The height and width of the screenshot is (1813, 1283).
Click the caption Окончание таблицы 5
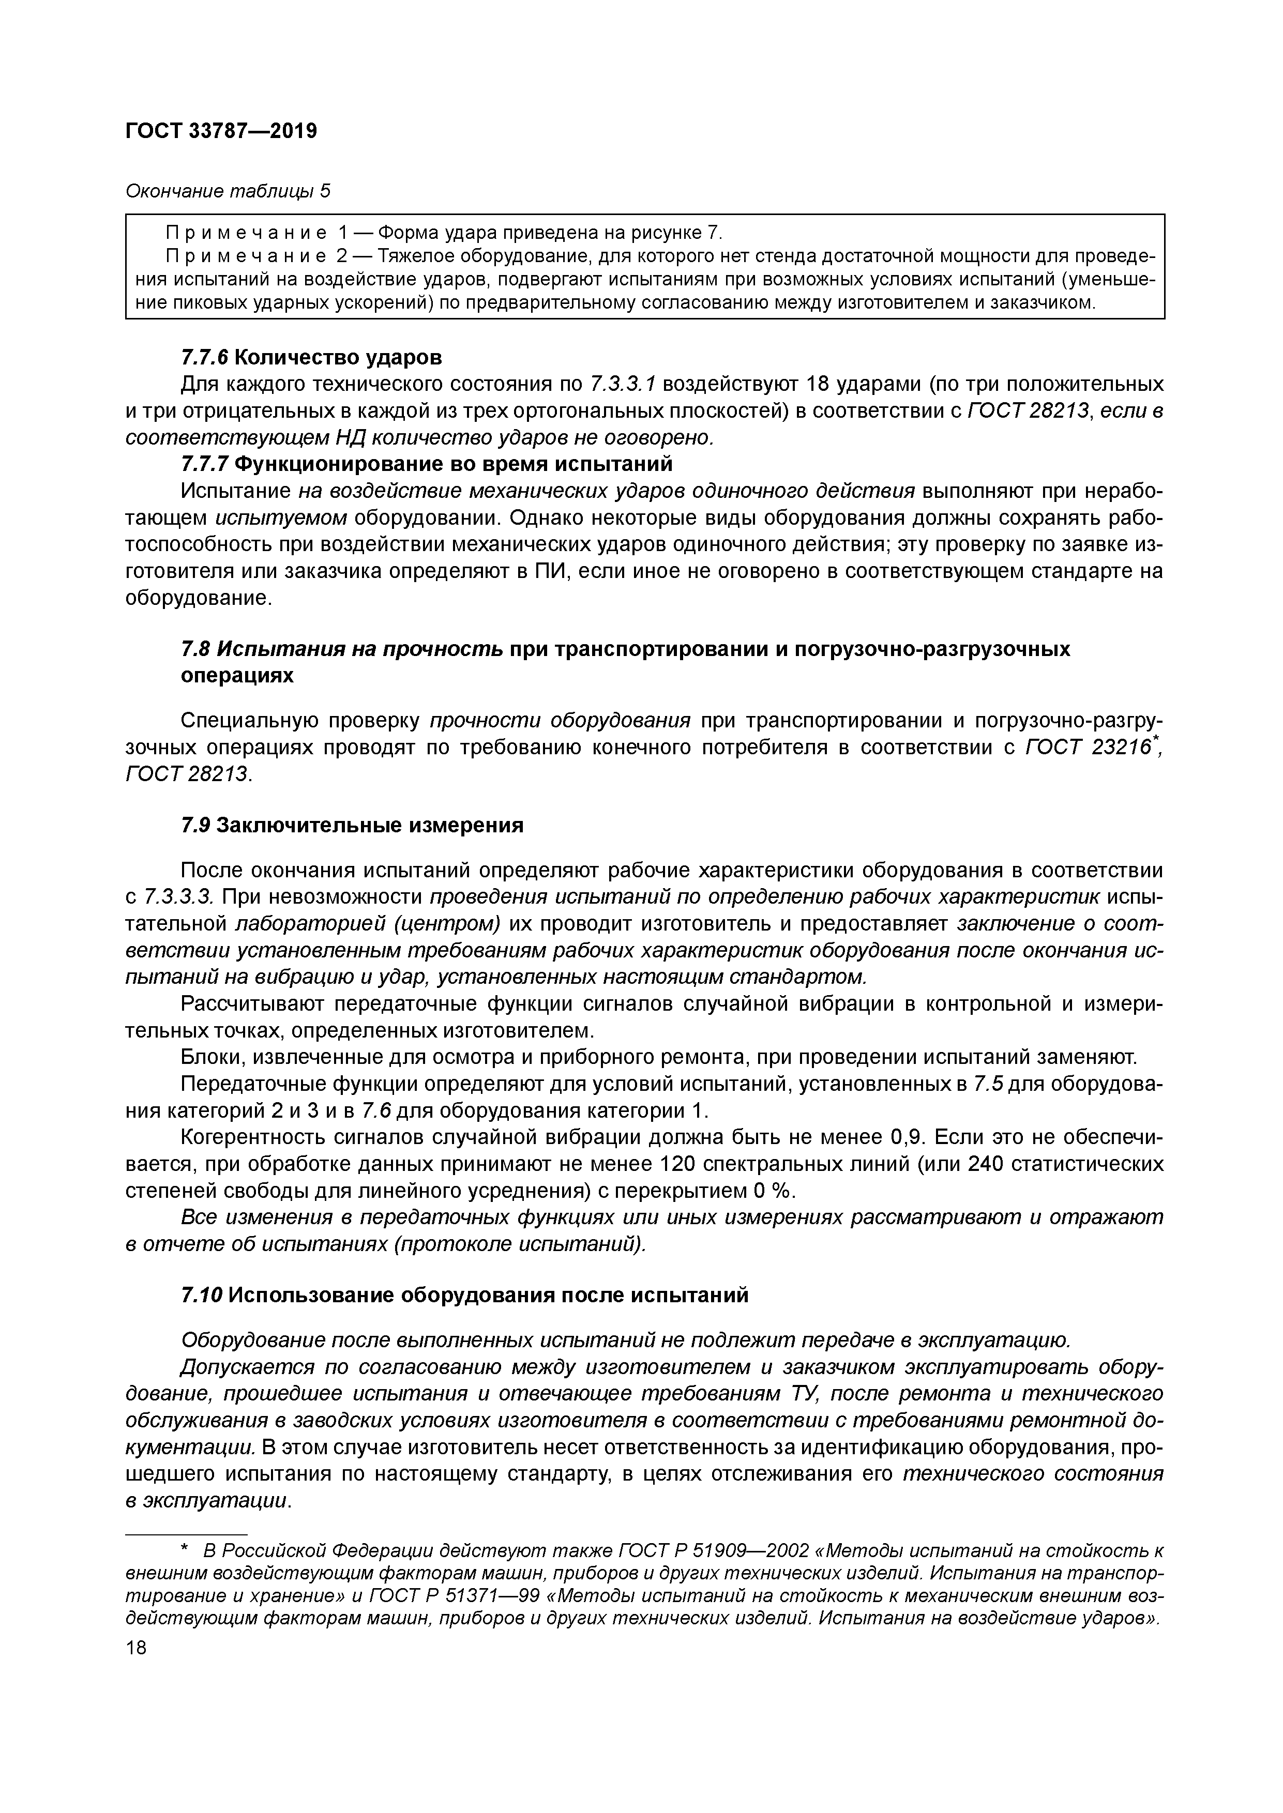click(228, 192)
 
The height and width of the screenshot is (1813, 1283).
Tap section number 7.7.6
click(205, 358)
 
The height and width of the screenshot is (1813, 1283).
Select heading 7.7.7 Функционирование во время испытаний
click(427, 464)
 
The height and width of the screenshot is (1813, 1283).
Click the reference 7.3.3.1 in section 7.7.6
click(623, 385)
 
